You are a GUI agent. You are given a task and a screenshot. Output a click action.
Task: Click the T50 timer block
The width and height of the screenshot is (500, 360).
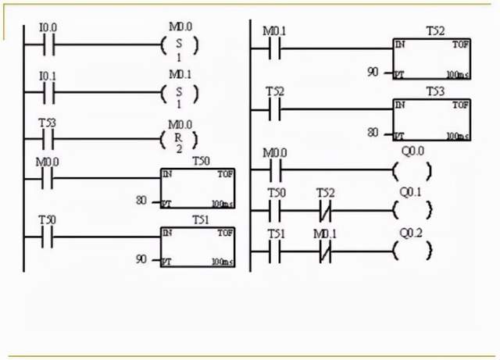[197, 188]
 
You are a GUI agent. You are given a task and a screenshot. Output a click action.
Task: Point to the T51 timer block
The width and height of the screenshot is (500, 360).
[197, 244]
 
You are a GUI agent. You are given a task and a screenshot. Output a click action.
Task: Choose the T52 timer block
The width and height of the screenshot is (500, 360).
[432, 59]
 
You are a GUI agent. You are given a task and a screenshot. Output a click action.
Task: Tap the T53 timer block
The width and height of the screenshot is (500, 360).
[432, 119]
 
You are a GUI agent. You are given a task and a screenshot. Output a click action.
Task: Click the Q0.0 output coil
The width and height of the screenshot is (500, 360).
[412, 169]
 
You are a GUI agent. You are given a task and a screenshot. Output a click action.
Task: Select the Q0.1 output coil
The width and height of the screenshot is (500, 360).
[412, 209]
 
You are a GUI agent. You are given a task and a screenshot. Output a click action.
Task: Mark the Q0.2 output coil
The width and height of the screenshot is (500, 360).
[412, 251]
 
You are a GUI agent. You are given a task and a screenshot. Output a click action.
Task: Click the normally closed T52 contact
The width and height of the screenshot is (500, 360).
[325, 209]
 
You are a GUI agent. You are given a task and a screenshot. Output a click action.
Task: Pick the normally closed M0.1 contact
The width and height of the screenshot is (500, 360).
[325, 251]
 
